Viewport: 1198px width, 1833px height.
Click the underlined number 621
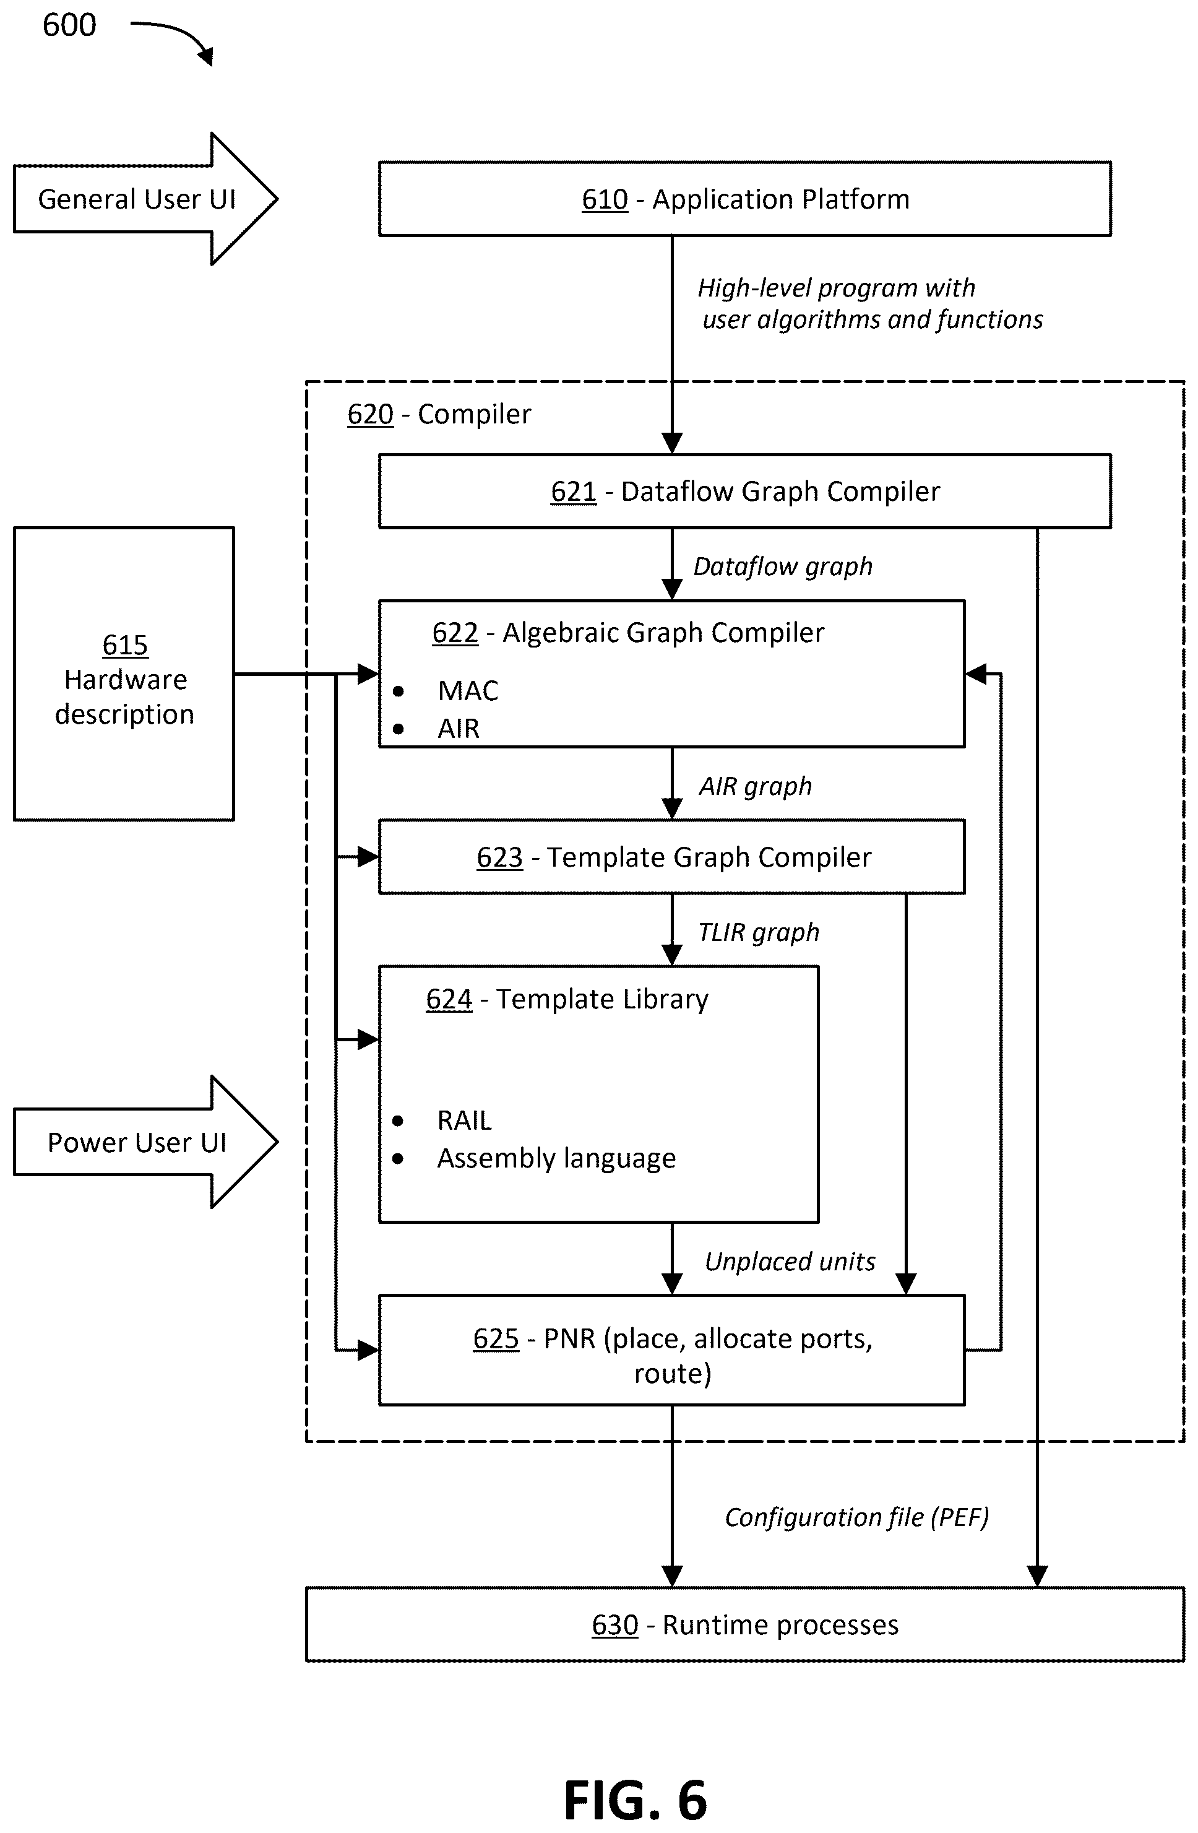coord(573,492)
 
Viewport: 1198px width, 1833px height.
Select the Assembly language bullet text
coord(556,1158)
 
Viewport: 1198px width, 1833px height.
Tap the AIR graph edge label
coord(756,786)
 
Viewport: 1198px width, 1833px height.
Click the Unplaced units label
coord(790,1262)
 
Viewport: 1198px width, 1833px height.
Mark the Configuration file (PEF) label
coord(857,1517)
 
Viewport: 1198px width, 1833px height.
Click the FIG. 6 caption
coord(635,1801)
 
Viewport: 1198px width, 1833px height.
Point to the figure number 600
coord(69,25)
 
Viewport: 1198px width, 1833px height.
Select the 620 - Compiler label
coord(439,414)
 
